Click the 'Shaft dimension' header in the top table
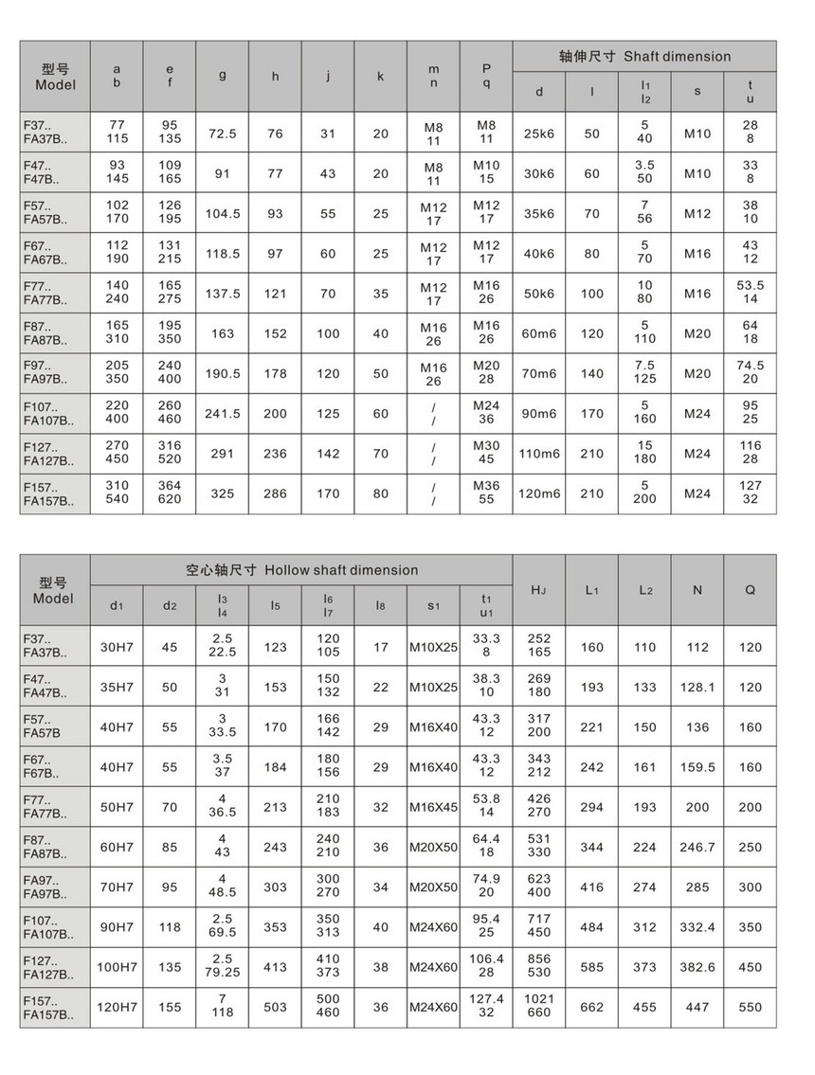coord(643,56)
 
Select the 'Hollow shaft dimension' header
coord(301,570)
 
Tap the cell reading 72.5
coord(223,134)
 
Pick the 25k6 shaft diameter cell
coord(539,134)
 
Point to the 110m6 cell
coord(539,454)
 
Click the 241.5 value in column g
coord(223,414)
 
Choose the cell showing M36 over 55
coord(486,493)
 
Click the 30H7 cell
coord(117,648)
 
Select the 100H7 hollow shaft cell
coord(117,968)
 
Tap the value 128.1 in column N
coord(697,688)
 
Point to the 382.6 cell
coord(697,968)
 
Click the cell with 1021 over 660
coord(539,1007)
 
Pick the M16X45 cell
coord(433,807)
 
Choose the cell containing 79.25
coord(223,968)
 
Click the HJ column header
coord(539,590)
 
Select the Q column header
coord(750,590)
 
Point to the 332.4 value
coord(697,927)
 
